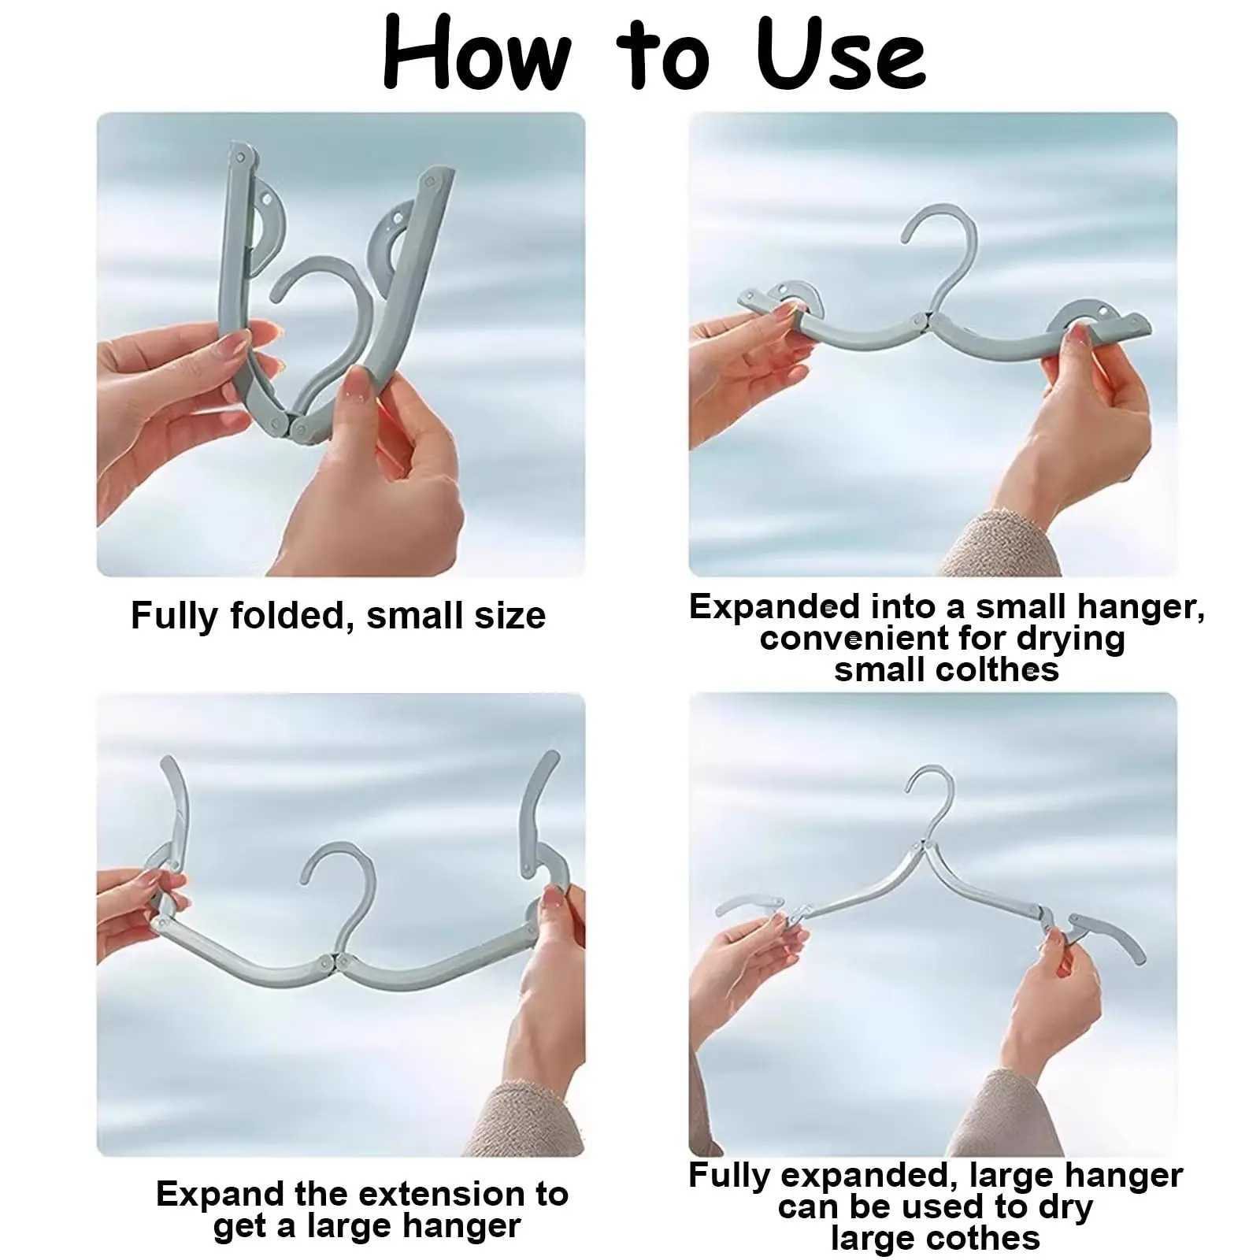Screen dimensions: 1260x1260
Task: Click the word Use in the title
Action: (840, 54)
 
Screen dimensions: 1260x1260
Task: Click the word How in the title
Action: (476, 54)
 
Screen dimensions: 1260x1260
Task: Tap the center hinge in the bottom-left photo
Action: (332, 962)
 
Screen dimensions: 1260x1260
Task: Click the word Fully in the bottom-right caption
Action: (728, 1175)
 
